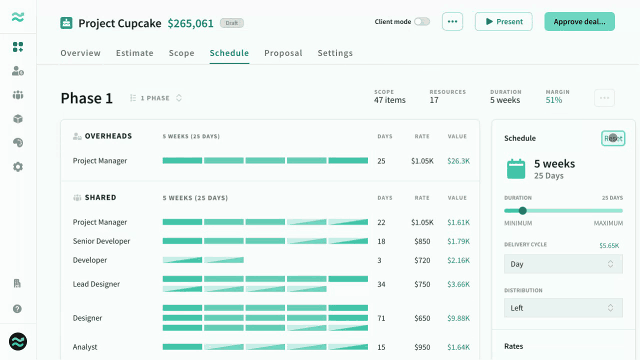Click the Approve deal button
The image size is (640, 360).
(x=579, y=21)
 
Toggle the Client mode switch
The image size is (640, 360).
(x=422, y=21)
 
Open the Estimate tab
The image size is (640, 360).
(x=134, y=53)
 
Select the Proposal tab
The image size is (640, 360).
(x=283, y=53)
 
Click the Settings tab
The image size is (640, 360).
(x=335, y=53)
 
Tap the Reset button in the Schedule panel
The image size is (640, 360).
(x=613, y=138)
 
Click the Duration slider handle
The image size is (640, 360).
(x=522, y=210)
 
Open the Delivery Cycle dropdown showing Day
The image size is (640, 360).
(x=563, y=263)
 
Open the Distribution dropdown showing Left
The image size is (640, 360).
(x=563, y=307)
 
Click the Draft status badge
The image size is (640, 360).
(x=231, y=23)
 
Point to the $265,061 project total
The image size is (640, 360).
(x=190, y=23)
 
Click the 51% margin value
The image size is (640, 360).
(x=553, y=100)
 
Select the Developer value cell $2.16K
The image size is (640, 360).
(x=458, y=260)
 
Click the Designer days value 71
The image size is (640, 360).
(x=381, y=318)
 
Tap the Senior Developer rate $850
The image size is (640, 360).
(x=422, y=241)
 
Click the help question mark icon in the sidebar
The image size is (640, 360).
(x=17, y=309)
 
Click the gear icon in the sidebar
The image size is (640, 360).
(x=17, y=166)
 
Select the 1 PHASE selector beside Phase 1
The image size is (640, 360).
(x=156, y=98)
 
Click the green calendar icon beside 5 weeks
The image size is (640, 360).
(x=516, y=169)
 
